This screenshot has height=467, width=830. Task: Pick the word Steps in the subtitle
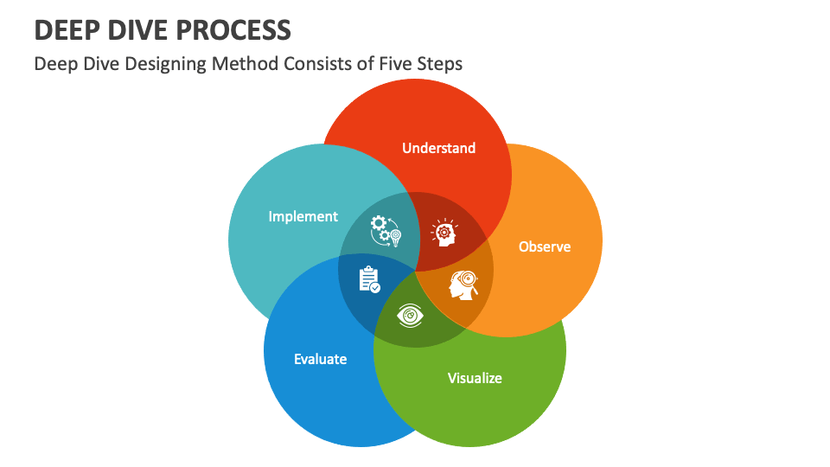[x=440, y=64]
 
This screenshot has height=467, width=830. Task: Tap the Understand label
[x=438, y=148]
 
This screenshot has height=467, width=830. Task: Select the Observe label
[x=545, y=246]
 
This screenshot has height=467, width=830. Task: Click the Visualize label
[x=475, y=378]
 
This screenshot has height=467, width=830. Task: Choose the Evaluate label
[x=320, y=359]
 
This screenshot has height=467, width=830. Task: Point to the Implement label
[x=303, y=216]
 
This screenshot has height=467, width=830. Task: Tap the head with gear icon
[x=444, y=232]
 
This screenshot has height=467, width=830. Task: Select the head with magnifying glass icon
[x=463, y=285]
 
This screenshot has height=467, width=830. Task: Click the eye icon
[x=411, y=316]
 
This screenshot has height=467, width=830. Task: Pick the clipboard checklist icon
[x=369, y=278]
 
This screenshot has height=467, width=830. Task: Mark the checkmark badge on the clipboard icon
[x=375, y=287]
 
